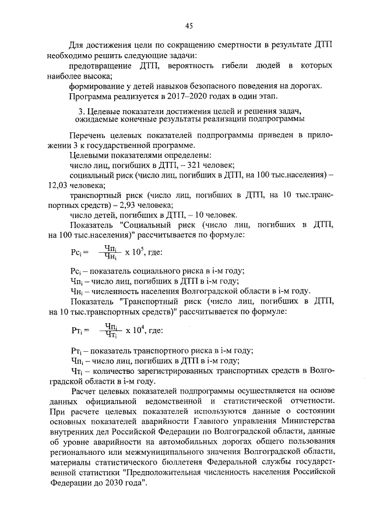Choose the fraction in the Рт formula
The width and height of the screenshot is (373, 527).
click(x=110, y=330)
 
